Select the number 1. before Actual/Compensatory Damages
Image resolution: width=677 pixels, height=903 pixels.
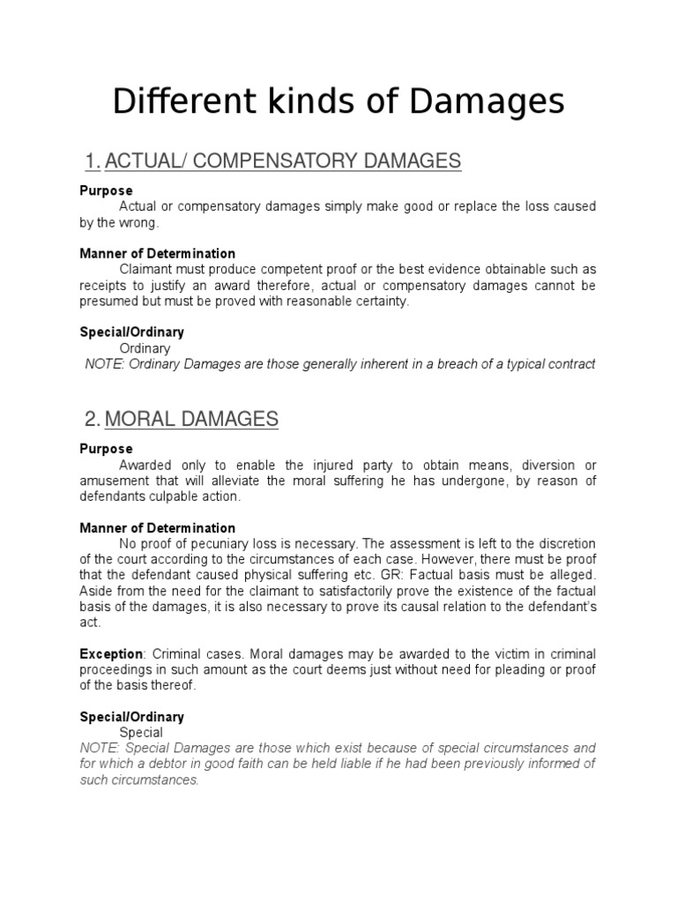coord(93,160)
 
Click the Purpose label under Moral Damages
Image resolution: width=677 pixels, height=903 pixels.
coord(106,449)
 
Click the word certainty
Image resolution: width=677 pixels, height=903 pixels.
coord(382,302)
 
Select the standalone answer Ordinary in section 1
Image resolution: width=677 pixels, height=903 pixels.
coord(145,348)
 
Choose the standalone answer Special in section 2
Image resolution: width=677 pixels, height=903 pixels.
coord(141,732)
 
